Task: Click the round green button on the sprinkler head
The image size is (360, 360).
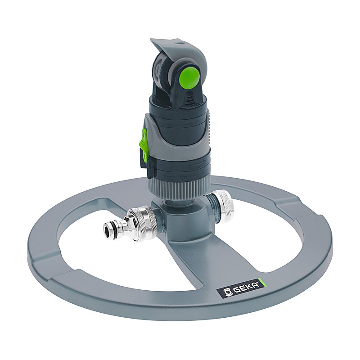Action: coord(189,76)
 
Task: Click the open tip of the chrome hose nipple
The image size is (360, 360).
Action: coord(108,229)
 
